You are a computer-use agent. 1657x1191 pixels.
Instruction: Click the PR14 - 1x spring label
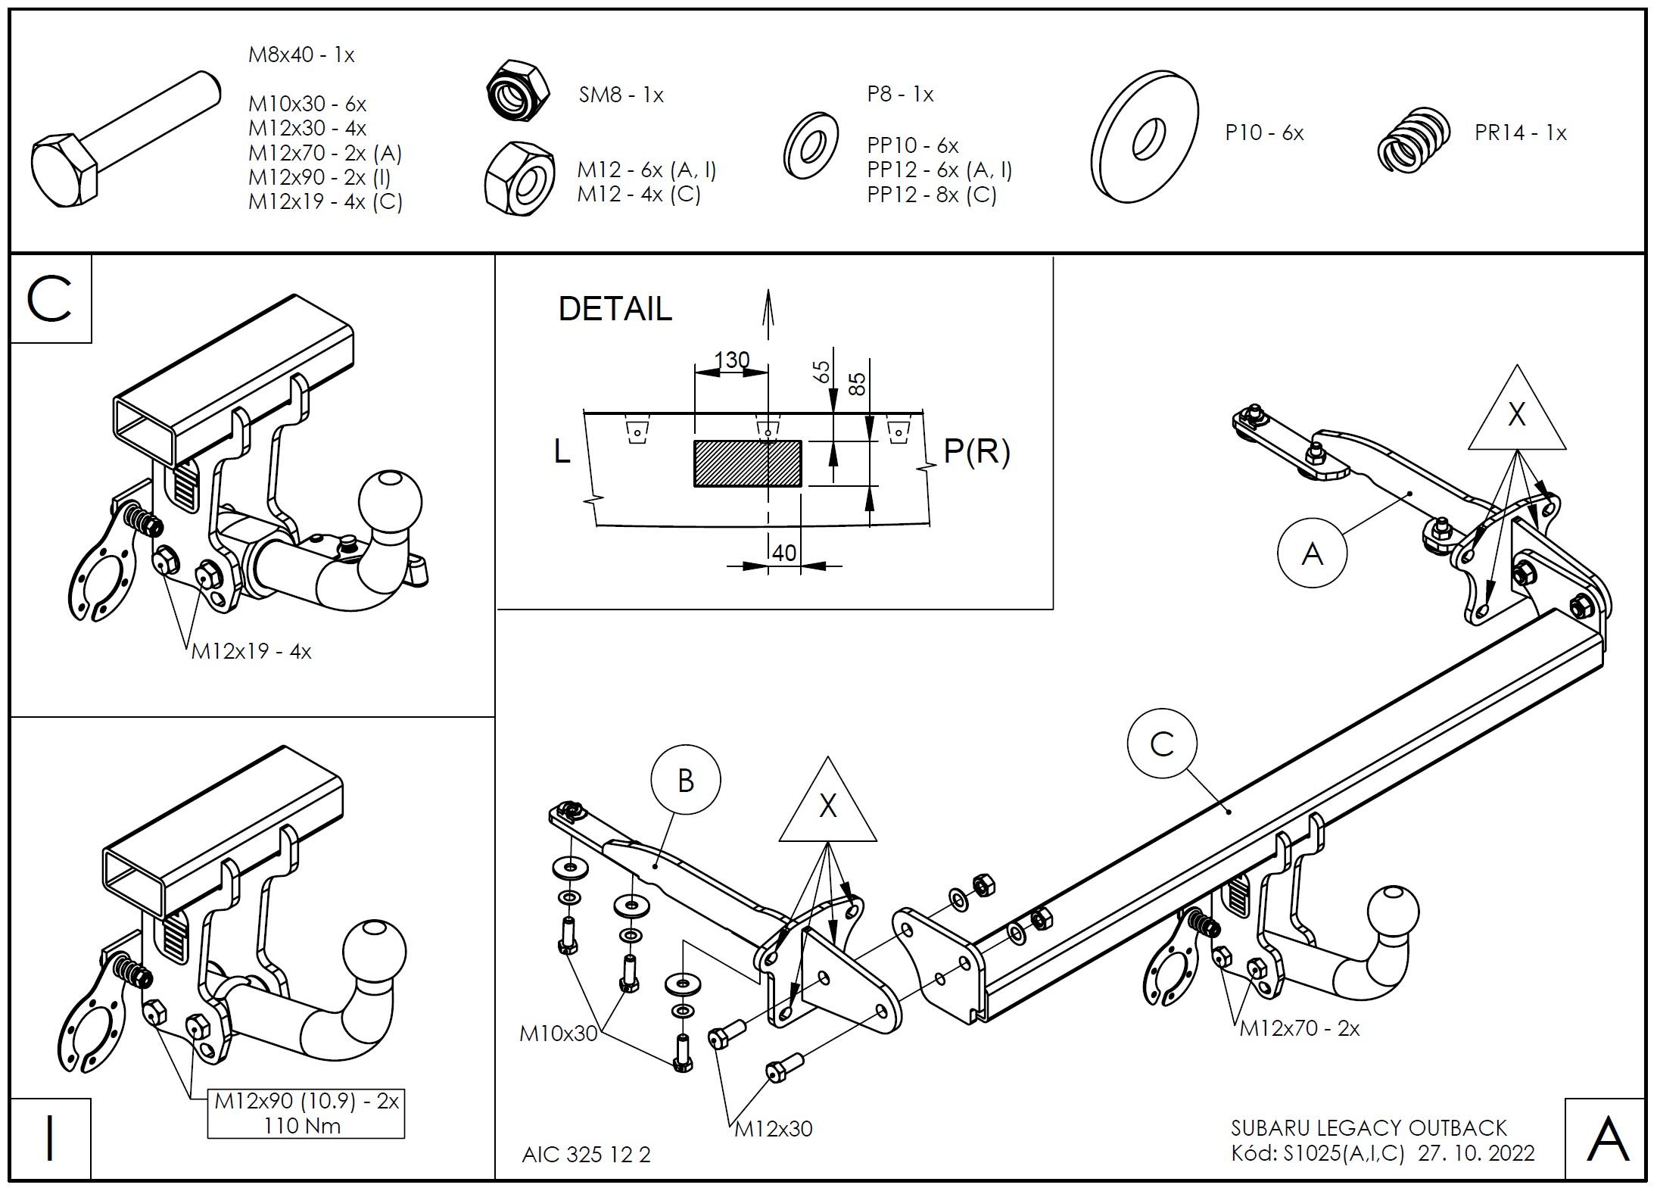pyautogui.click(x=1520, y=133)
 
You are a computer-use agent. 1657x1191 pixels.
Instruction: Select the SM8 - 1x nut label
pyautogui.click(x=621, y=95)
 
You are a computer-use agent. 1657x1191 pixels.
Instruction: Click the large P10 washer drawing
pyautogui.click(x=1144, y=137)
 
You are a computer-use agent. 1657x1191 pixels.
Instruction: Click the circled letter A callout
pyautogui.click(x=1312, y=553)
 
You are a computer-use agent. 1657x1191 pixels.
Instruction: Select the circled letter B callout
pyautogui.click(x=686, y=781)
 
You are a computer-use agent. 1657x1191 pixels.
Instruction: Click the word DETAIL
pyautogui.click(x=615, y=309)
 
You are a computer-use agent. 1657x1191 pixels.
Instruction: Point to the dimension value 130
pyautogui.click(x=731, y=360)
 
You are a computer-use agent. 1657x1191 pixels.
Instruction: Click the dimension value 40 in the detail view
pyautogui.click(x=784, y=553)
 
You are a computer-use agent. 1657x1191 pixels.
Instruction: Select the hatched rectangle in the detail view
pyautogui.click(x=748, y=463)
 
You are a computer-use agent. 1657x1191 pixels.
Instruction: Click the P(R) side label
pyautogui.click(x=976, y=452)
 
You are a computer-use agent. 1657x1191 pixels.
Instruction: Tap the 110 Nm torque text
pyautogui.click(x=302, y=1126)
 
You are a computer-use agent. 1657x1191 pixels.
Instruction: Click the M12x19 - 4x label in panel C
pyautogui.click(x=251, y=651)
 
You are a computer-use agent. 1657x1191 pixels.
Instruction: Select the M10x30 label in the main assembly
pyautogui.click(x=559, y=1034)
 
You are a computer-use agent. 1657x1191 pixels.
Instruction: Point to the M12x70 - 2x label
pyautogui.click(x=1300, y=1028)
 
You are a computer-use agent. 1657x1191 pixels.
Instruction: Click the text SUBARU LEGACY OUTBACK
pyautogui.click(x=1369, y=1128)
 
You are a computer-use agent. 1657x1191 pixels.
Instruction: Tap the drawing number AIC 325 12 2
pyautogui.click(x=587, y=1155)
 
